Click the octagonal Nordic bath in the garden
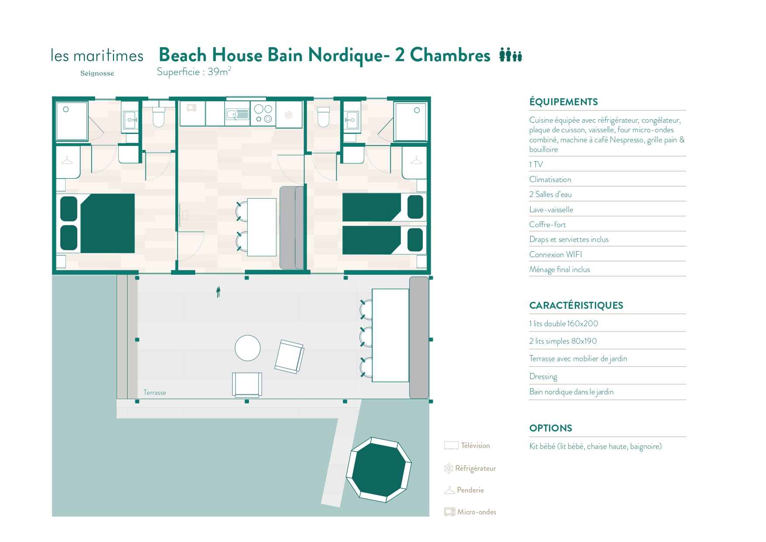379,470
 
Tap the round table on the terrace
248,348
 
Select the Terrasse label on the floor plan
155,393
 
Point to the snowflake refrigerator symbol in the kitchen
289,115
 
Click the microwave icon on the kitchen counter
191,107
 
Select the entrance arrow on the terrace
218,292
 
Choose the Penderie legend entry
464,490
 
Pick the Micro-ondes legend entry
470,512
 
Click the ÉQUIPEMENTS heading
563,102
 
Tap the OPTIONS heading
551,428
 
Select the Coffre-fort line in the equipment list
548,224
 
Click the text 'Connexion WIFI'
556,254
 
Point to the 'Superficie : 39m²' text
194,72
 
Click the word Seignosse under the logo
97,73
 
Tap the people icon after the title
511,55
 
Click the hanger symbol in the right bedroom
417,160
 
